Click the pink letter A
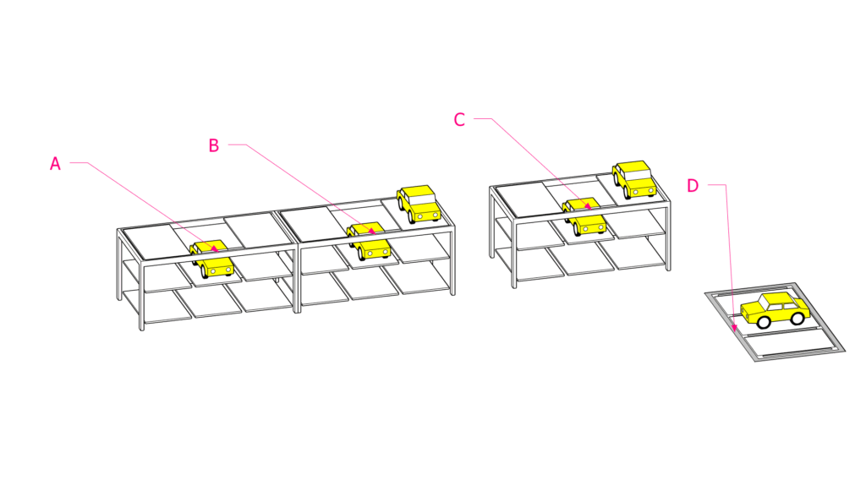55,164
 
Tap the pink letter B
214,145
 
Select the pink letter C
459,120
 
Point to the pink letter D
693,186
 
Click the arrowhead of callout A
215,248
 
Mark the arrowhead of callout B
372,232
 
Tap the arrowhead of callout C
589,206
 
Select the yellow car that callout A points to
211,259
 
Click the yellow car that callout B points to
369,241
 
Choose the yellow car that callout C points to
584,217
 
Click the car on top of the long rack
419,204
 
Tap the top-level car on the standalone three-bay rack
634,179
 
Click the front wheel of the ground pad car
764,321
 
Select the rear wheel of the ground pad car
797,317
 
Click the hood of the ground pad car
749,311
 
